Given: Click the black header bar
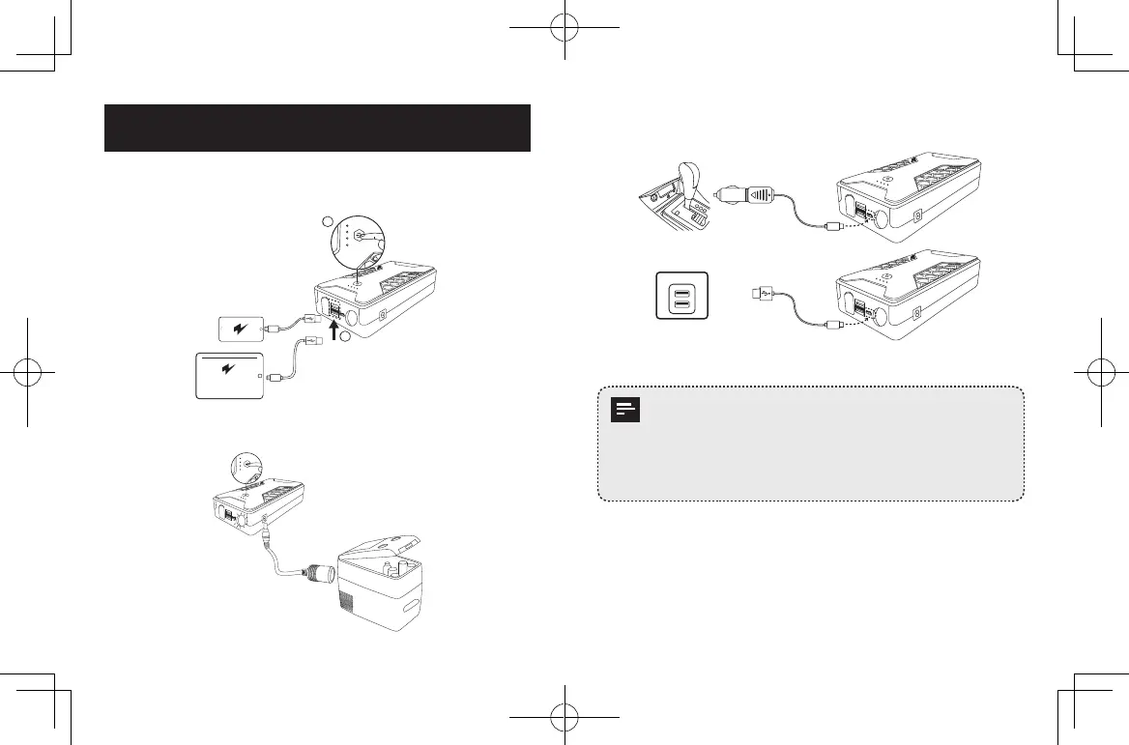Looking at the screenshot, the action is tap(317, 128).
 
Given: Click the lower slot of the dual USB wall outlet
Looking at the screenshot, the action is tap(681, 305).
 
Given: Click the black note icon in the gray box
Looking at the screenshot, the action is tap(626, 412).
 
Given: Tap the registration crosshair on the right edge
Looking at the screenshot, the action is tap(1101, 372).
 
